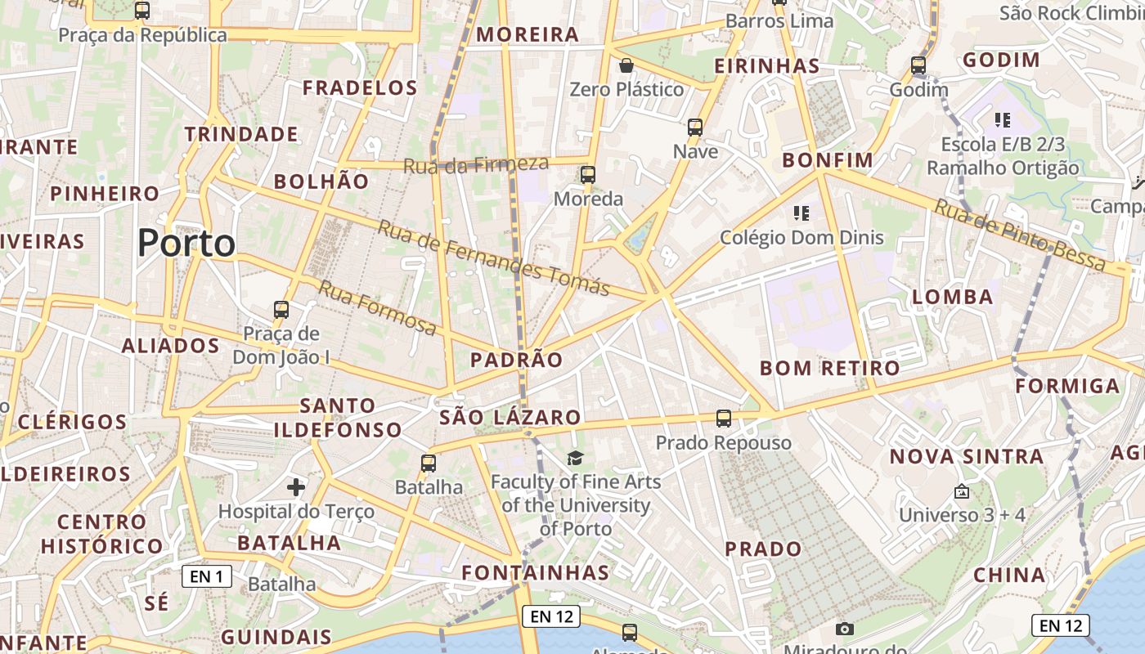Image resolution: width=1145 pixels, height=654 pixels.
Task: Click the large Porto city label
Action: point(186,243)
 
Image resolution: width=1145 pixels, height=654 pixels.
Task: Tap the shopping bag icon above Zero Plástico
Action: point(626,65)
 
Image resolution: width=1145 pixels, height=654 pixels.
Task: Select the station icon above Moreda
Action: point(588,174)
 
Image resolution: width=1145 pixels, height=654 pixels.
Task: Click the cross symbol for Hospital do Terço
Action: point(296,488)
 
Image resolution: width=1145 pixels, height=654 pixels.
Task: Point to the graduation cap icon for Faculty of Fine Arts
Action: point(576,458)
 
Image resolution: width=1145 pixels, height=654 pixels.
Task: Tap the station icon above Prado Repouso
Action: point(724,419)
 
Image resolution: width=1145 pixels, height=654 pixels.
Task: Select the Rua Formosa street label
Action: point(377,307)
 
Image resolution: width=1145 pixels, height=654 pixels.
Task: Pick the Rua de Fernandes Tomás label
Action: point(493,258)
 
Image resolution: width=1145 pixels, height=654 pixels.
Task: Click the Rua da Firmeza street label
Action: point(475,165)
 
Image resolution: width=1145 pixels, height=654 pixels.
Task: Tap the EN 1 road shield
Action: point(206,576)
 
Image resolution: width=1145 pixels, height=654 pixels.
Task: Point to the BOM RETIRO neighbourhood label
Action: point(829,368)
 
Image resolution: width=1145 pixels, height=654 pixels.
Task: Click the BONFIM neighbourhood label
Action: point(828,159)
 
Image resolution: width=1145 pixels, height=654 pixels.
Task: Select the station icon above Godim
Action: point(918,65)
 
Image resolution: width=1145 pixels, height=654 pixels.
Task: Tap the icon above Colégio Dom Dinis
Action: point(801,213)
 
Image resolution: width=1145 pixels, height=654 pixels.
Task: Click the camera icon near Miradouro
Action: point(845,629)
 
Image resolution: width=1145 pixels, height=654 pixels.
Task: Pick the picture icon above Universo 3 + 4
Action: point(962,491)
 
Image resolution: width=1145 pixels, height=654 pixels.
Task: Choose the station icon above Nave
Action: point(695,127)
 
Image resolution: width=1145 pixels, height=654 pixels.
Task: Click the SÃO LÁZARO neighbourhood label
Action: point(510,418)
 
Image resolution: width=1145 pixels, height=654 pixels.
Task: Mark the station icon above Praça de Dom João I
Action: point(281,310)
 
